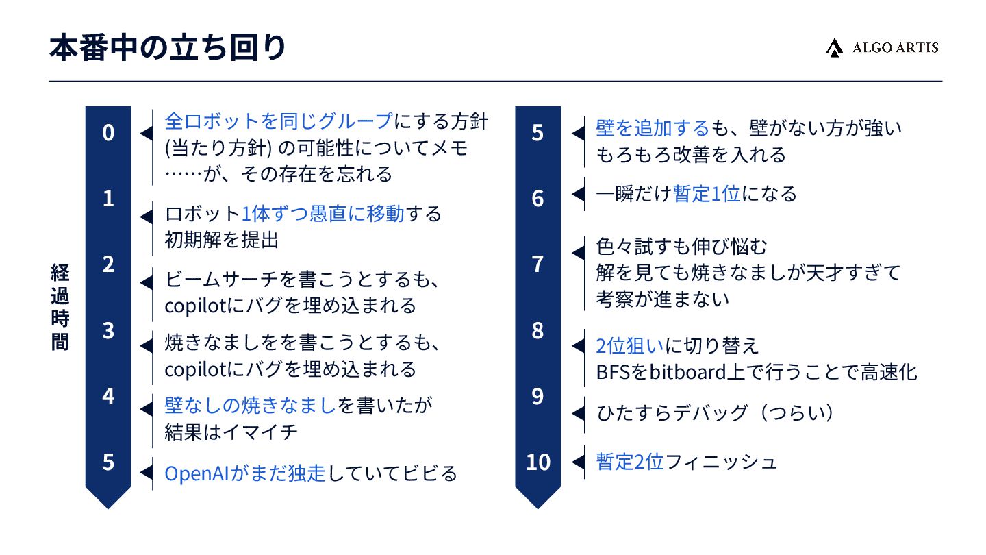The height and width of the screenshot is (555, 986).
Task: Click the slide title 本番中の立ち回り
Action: click(x=168, y=49)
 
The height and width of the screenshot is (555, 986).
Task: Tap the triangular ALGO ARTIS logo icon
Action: click(x=834, y=48)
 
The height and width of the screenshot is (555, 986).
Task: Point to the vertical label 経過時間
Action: click(x=60, y=306)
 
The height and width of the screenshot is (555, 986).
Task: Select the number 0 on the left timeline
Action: click(x=108, y=133)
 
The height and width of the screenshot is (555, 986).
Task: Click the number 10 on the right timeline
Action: click(x=538, y=463)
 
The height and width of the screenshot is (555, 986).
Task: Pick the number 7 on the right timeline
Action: click(x=538, y=264)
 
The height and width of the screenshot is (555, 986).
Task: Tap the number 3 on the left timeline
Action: click(x=108, y=330)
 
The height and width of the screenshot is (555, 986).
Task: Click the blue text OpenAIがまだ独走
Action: click(x=245, y=473)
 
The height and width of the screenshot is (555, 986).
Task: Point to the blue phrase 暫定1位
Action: click(x=707, y=194)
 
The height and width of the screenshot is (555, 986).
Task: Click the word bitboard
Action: click(x=678, y=372)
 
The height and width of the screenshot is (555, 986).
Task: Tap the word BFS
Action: click(x=613, y=372)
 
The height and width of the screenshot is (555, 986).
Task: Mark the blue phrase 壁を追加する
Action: click(x=653, y=127)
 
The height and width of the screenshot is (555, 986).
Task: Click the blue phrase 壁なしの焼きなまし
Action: click(x=251, y=406)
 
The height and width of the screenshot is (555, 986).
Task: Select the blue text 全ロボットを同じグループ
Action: click(x=279, y=121)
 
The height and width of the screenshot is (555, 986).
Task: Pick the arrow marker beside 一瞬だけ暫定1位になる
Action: click(x=579, y=194)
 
